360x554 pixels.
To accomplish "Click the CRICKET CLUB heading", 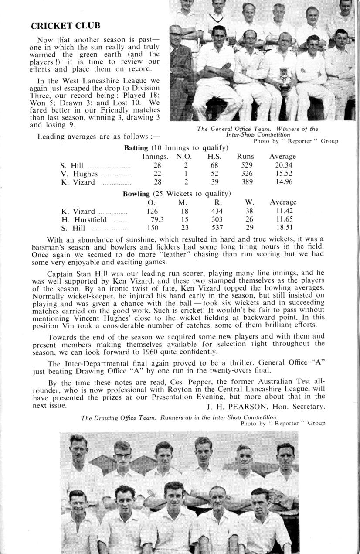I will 65,26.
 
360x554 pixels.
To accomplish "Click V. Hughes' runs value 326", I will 247,174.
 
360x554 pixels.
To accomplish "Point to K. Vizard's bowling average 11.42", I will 283,211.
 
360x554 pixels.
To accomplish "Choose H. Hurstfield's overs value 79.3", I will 157,219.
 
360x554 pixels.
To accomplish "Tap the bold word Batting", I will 136,148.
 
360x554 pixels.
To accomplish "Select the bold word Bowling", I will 137,193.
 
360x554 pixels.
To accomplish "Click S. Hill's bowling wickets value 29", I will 249,228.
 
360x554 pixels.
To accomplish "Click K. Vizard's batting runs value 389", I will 247,182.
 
